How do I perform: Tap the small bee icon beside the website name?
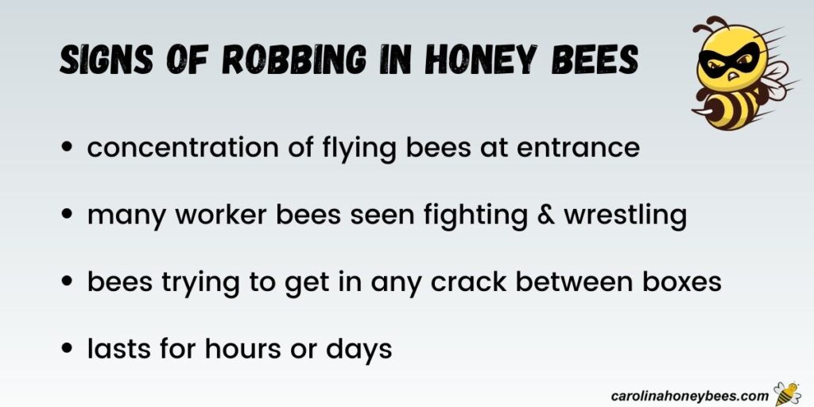click(786, 393)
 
